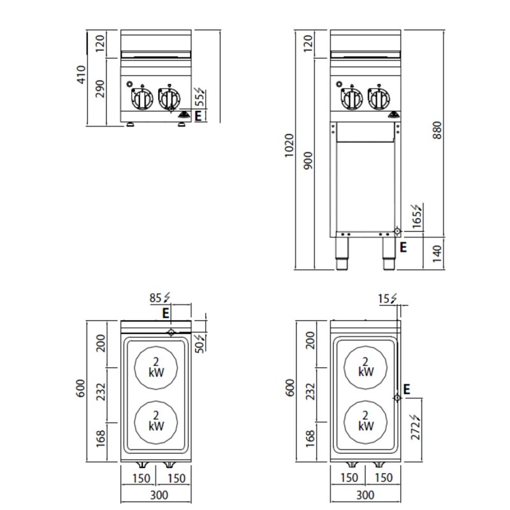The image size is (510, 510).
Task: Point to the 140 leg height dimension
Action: coord(436,254)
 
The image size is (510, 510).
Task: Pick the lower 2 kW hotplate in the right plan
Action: coord(365,420)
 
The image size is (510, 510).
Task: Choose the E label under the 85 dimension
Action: coord(166,312)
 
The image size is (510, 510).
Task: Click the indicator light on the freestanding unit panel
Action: coord(339,84)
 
